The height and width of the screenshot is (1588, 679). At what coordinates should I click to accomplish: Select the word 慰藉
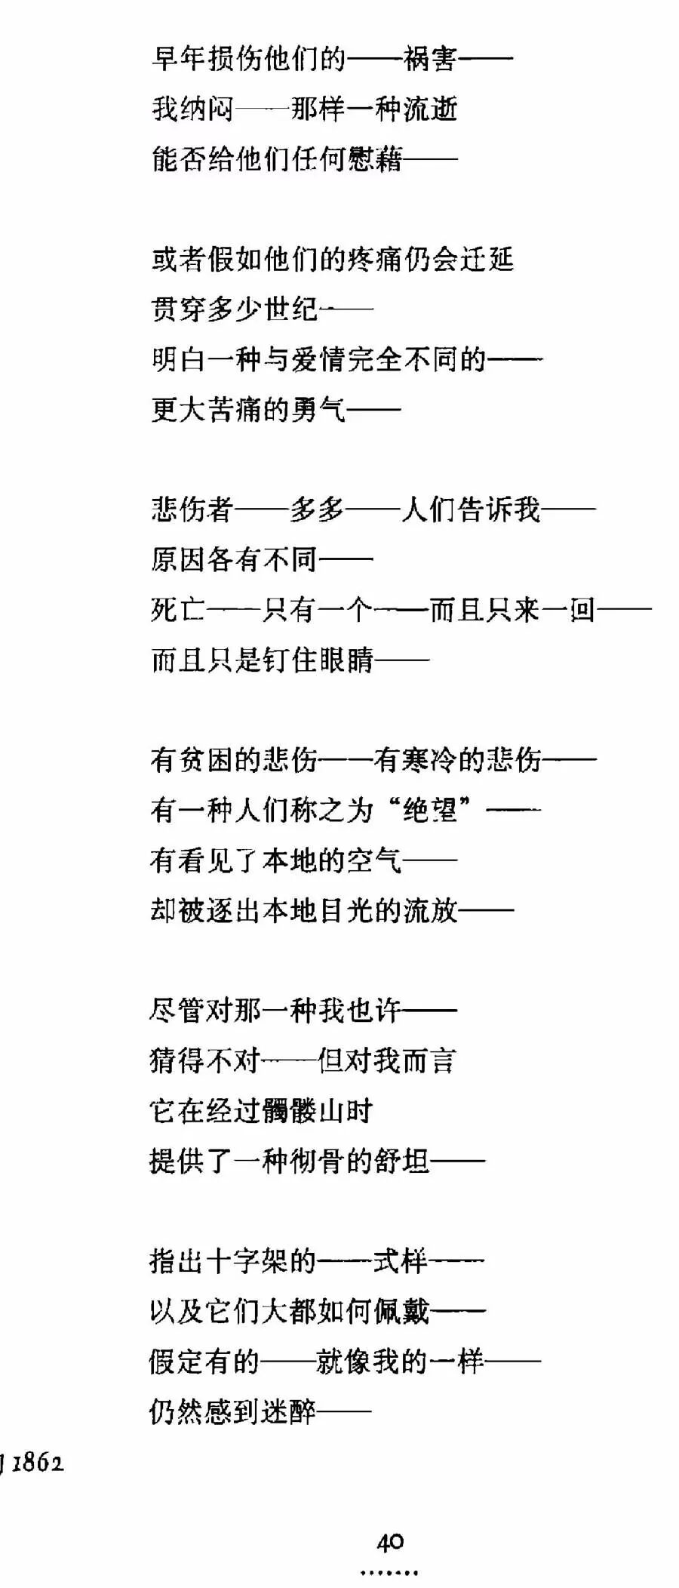coord(374,159)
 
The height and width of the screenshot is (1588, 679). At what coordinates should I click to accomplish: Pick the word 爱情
coord(318,360)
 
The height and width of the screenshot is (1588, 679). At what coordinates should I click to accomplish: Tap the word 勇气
coord(318,410)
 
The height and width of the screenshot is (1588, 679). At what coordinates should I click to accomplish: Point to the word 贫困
coord(207,760)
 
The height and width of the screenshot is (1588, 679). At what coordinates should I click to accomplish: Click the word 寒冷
coord(430,760)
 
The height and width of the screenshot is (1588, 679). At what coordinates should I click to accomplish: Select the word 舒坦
coord(402,1161)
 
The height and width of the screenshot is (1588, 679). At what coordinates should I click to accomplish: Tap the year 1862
coord(38,1463)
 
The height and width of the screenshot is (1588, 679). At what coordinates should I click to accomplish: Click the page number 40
coord(390,1542)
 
